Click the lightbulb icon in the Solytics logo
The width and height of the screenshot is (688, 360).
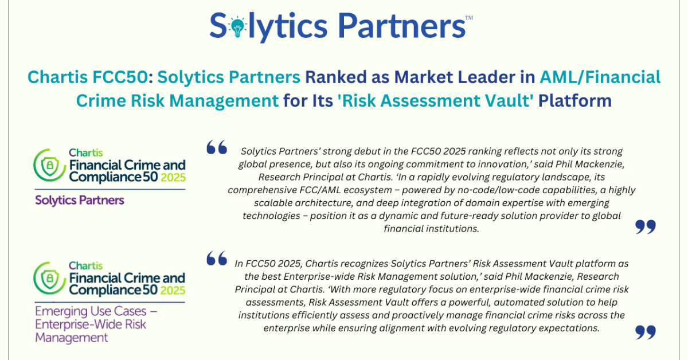[236, 25]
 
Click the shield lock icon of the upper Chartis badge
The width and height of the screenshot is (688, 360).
[50, 166]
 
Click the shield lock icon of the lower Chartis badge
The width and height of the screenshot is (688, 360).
[50, 279]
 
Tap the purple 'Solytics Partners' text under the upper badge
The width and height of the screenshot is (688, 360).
[80, 200]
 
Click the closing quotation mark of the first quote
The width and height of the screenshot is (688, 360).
[646, 228]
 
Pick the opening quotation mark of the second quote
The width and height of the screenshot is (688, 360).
[216, 259]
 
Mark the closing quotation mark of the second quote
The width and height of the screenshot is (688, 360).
[646, 332]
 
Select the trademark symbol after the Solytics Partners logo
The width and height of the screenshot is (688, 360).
[469, 17]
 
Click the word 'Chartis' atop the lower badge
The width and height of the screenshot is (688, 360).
[85, 265]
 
